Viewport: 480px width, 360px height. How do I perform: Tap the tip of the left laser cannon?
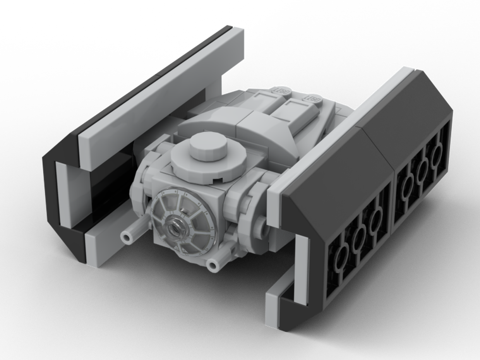point(126,237)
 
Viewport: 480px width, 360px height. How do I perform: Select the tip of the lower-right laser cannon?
point(212,263)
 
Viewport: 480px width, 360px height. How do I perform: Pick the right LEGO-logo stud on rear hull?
point(312,96)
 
